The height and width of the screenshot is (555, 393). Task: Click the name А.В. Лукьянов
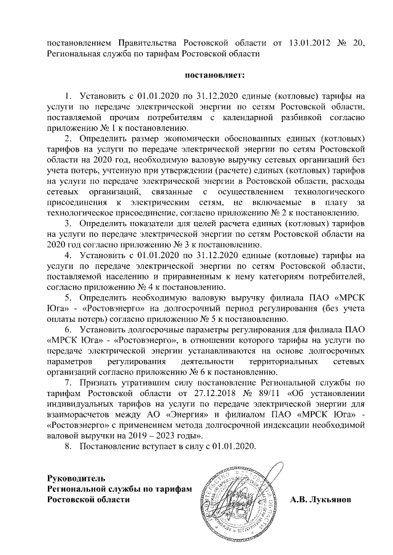(x=321, y=500)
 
